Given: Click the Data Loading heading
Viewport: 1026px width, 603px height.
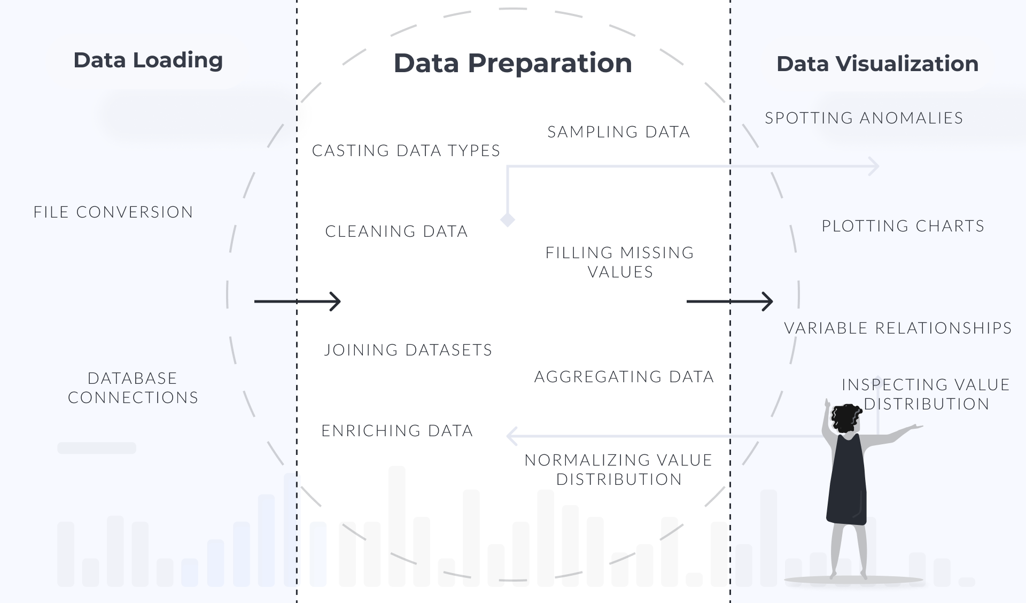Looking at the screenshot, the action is click(148, 60).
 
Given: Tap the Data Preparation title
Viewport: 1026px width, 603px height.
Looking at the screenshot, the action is click(513, 64).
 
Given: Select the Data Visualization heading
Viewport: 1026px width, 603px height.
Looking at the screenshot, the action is click(877, 64).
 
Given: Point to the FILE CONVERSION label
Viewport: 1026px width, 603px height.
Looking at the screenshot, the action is click(113, 212).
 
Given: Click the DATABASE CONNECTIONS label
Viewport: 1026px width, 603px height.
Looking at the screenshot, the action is click(133, 388).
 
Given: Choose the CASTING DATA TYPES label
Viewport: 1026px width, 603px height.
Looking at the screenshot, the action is click(406, 151).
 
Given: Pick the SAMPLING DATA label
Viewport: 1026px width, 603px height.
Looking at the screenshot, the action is click(619, 132).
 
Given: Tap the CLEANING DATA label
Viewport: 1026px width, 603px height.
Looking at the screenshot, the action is click(397, 231).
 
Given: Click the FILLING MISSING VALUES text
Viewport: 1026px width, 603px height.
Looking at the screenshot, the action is click(620, 262).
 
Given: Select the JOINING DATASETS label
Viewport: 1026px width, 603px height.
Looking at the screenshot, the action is click(408, 350).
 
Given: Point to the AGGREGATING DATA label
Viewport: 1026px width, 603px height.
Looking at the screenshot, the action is click(624, 377).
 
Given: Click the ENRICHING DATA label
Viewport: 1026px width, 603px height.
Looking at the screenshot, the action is click(397, 431).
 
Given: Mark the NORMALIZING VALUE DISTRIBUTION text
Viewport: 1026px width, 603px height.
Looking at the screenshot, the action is click(619, 469).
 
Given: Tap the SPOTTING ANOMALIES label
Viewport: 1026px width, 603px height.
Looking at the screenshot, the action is click(864, 118).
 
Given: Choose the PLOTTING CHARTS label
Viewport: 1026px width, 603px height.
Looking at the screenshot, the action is click(903, 226).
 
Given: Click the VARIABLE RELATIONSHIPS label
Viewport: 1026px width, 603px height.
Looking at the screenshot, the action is click(898, 328).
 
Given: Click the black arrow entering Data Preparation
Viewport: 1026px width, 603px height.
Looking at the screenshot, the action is click(298, 301).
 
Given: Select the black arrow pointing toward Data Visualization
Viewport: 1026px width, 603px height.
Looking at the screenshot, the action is click(730, 301).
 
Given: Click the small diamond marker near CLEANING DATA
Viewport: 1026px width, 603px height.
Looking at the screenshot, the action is click(508, 220).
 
